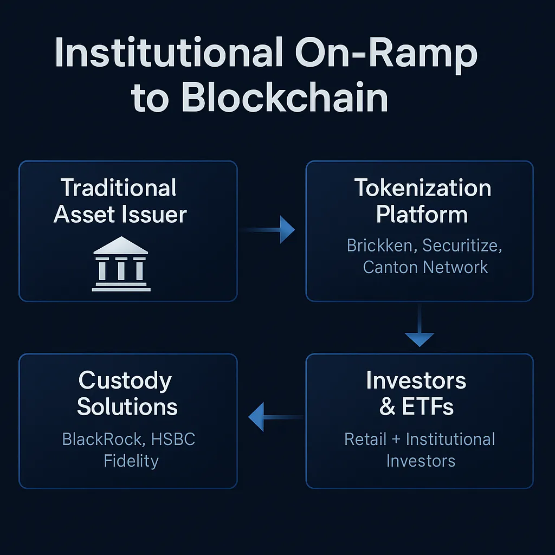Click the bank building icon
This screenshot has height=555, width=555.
click(121, 264)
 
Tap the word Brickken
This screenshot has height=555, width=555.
click(382, 246)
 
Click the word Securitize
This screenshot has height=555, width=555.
click(461, 246)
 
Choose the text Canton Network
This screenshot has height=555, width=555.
click(425, 267)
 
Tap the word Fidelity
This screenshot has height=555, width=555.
click(131, 461)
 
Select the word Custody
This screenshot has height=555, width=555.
click(125, 380)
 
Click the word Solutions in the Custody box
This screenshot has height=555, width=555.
click(127, 406)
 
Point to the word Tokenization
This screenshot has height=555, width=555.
click(423, 188)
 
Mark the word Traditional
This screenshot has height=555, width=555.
click(119, 188)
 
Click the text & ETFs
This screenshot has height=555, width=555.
click(416, 406)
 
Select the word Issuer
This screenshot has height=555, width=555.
click(158, 215)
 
